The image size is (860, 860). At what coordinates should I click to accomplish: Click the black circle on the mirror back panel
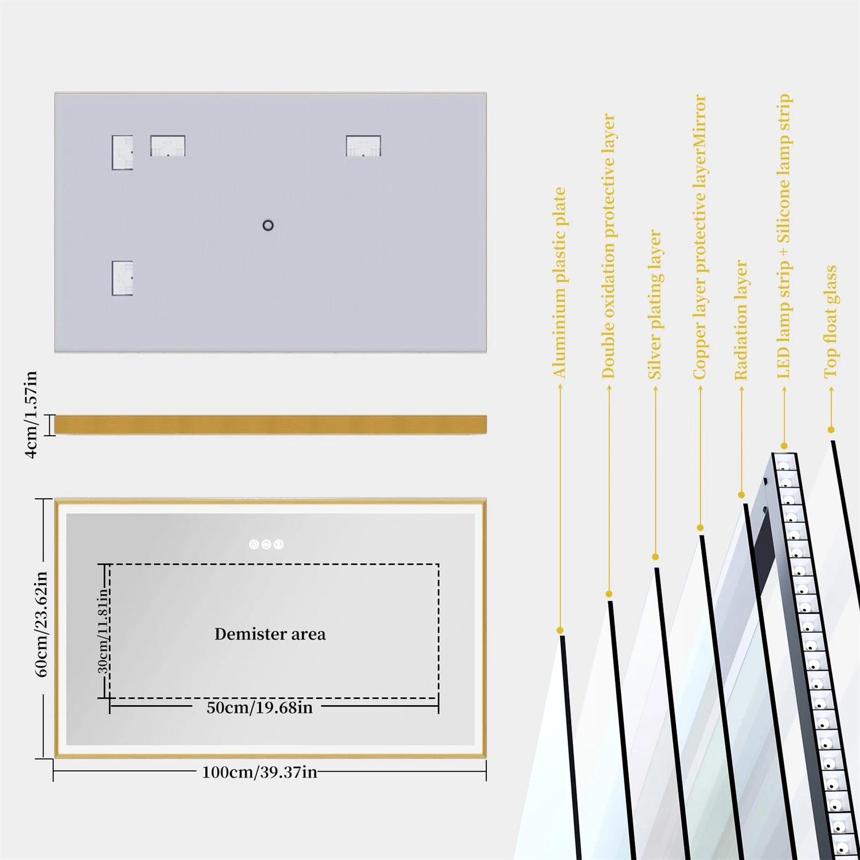pyautogui.click(x=268, y=225)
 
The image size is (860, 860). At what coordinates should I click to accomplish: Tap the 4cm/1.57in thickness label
pyautogui.click(x=31, y=414)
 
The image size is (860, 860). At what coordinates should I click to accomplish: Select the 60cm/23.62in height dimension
pyautogui.click(x=41, y=624)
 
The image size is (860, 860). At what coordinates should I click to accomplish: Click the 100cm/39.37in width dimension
pyautogui.click(x=260, y=772)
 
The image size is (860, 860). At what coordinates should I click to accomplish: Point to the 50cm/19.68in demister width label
pyautogui.click(x=260, y=707)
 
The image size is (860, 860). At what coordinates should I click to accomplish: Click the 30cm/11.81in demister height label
pyautogui.click(x=102, y=631)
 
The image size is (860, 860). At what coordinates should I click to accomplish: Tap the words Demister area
pyautogui.click(x=270, y=634)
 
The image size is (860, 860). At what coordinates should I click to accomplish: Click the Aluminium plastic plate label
pyautogui.click(x=559, y=283)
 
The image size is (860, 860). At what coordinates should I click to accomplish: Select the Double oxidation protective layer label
pyautogui.click(x=608, y=246)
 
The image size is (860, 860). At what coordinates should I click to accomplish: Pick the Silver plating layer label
pyautogui.click(x=655, y=304)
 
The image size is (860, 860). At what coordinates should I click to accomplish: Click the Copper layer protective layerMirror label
pyautogui.click(x=699, y=237)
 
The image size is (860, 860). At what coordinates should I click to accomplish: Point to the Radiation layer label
pyautogui.click(x=741, y=320)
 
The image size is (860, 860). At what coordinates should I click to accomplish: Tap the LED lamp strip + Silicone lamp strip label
pyautogui.click(x=784, y=236)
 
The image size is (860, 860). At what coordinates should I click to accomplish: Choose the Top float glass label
pyautogui.click(x=830, y=322)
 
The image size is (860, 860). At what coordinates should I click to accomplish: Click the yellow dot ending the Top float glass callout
pyautogui.click(x=831, y=429)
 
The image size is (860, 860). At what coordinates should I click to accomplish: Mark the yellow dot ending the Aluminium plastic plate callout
pyautogui.click(x=560, y=631)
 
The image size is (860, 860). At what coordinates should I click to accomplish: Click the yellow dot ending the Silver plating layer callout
pyautogui.click(x=655, y=557)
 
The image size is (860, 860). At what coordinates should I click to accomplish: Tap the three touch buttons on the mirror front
pyautogui.click(x=266, y=544)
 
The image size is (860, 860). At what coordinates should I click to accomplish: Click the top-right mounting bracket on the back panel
pyautogui.click(x=363, y=146)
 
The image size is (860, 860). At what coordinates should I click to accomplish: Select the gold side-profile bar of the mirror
pyautogui.click(x=270, y=425)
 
